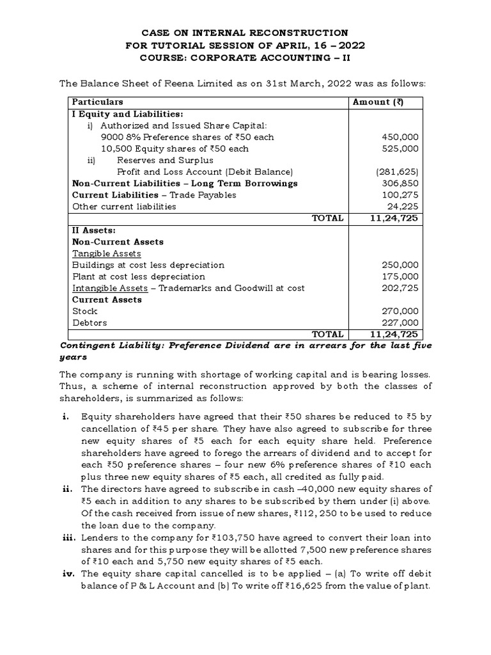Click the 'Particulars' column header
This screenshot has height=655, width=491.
98,102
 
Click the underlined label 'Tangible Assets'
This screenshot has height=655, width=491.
106,253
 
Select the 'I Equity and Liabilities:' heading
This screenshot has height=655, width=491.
120,113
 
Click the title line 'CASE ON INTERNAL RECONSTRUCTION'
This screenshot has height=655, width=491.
245,33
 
